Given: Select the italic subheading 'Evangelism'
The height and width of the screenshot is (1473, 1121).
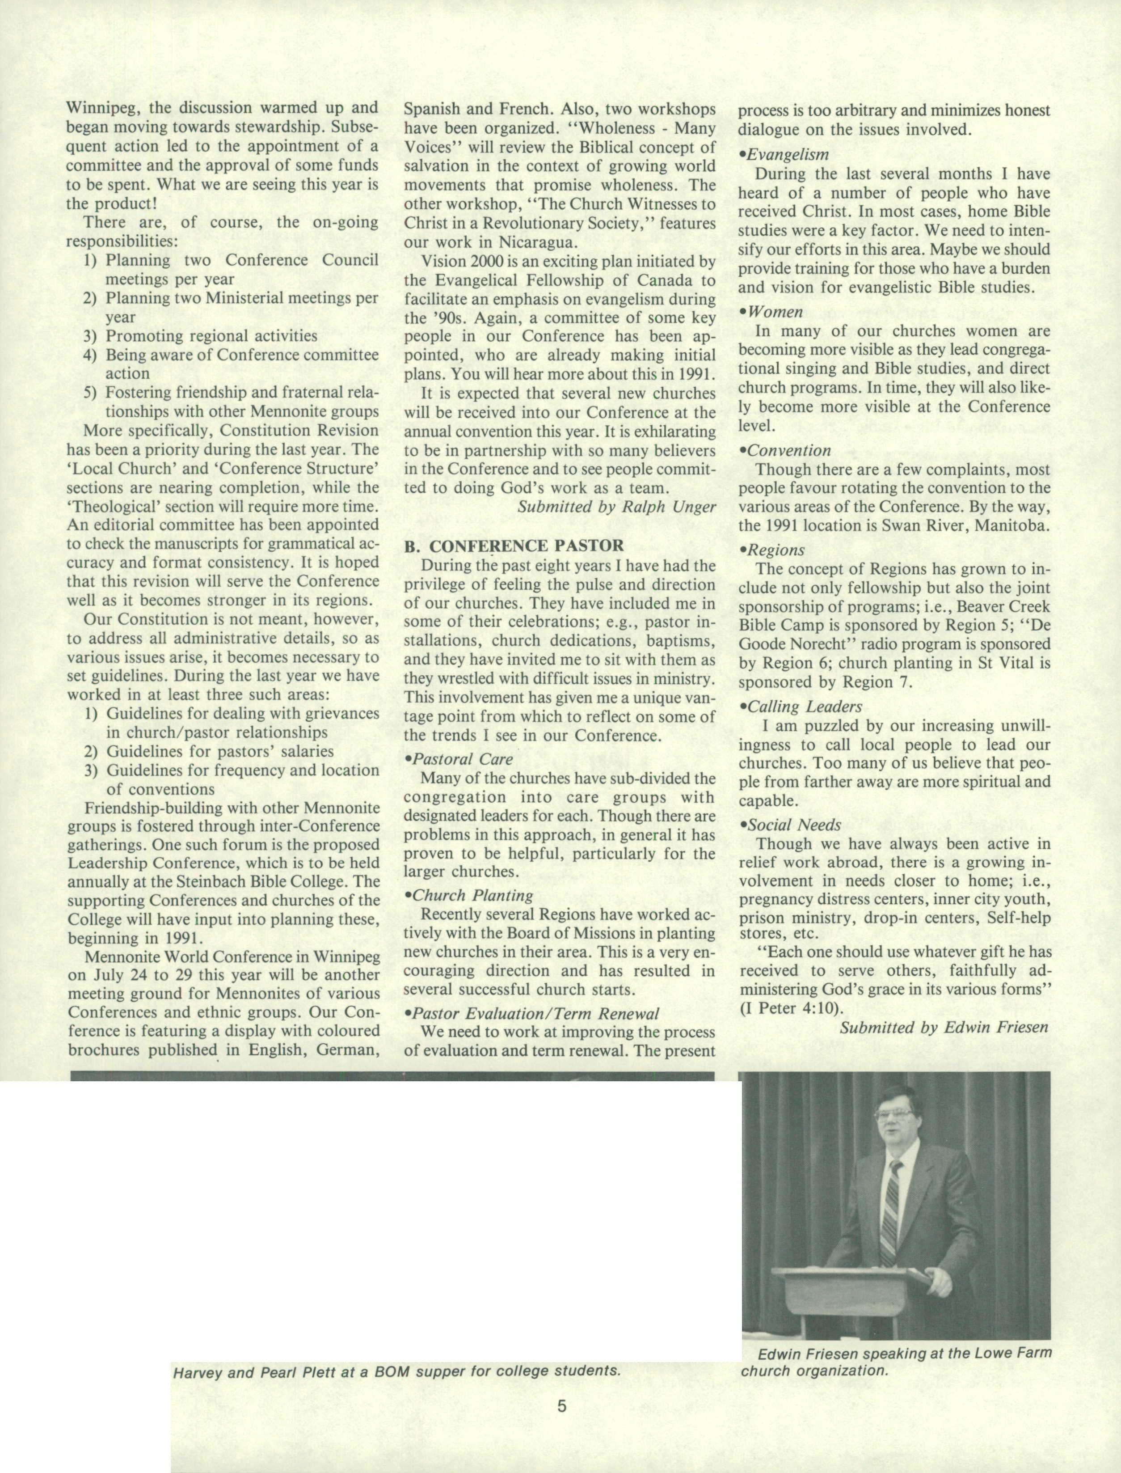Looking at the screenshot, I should pos(787,155).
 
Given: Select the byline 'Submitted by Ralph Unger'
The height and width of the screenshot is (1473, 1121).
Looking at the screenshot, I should pos(616,507).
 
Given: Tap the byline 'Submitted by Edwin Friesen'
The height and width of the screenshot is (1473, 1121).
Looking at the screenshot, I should pos(944,1027).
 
